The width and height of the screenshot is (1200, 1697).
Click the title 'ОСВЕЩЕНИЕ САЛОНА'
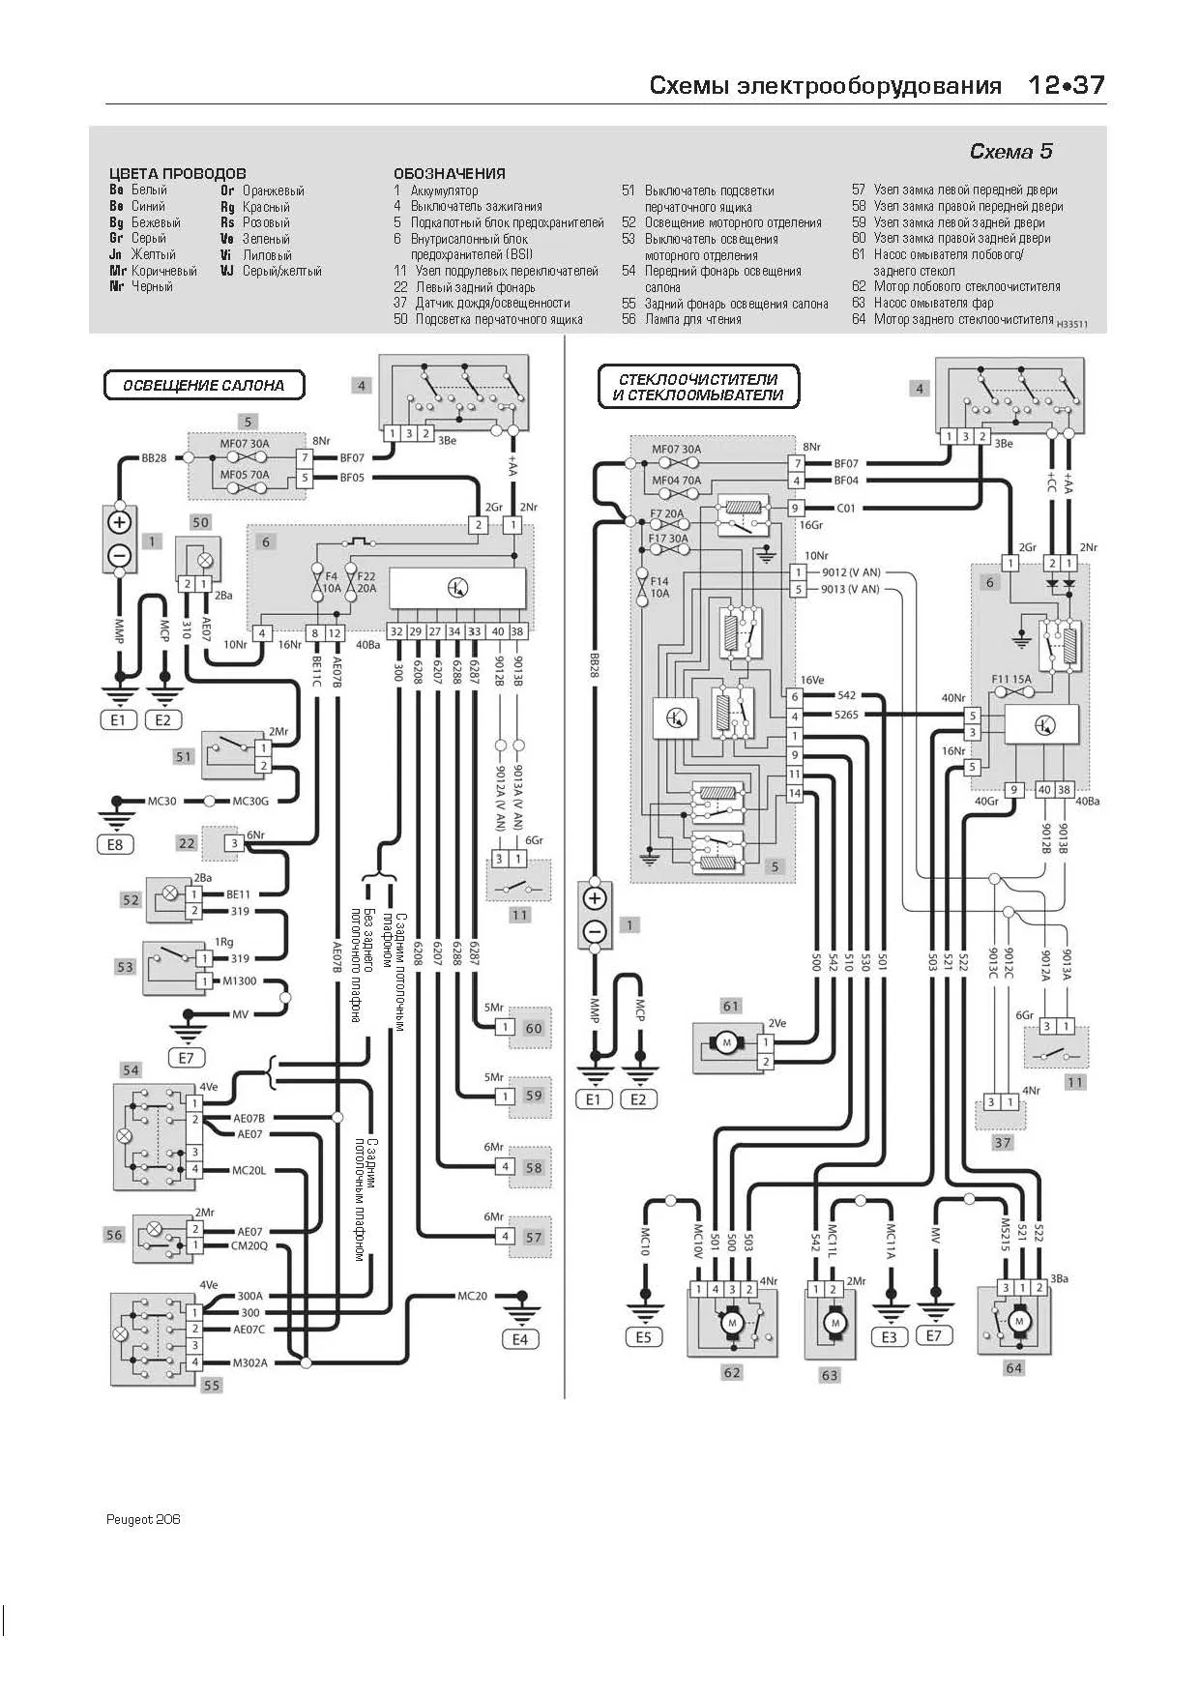pos(204,385)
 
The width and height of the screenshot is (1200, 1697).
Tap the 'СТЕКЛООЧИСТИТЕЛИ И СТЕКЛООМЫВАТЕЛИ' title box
pos(700,387)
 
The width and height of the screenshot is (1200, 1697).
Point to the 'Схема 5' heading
pos(1010,152)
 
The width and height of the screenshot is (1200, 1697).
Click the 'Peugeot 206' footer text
pos(143,1519)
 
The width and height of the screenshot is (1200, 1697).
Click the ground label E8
pos(115,844)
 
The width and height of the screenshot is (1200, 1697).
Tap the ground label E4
pos(520,1339)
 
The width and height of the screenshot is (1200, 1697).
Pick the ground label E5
pos(643,1337)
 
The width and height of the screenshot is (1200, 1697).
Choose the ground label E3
pos(889,1337)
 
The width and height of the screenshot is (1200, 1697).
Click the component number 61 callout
pos(731,1006)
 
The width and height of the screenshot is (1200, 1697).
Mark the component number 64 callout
pos(1013,1367)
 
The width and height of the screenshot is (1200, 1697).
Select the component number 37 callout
pos(1003,1142)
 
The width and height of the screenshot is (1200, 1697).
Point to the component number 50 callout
pos(200,522)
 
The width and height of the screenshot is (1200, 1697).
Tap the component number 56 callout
pos(114,1234)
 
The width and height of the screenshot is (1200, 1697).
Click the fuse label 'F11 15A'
pos(1012,679)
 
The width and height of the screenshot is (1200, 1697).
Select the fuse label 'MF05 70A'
pos(245,475)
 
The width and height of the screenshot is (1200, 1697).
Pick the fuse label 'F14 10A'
pos(659,587)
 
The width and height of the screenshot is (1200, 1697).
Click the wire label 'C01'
pos(846,508)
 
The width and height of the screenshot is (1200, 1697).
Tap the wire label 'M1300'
pos(240,981)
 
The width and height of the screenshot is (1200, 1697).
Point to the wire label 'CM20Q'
pos(249,1245)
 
